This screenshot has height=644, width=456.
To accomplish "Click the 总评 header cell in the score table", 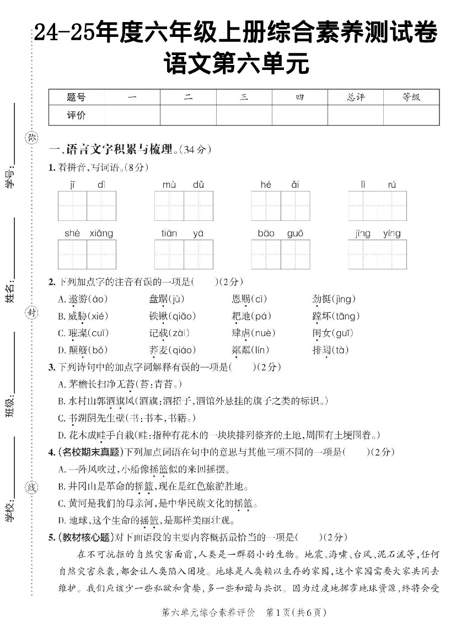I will tap(356, 98).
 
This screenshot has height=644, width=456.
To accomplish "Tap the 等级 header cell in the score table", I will tap(411, 98).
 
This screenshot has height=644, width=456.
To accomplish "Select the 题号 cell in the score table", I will tap(76, 98).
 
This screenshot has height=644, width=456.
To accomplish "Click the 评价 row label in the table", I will tap(76, 116).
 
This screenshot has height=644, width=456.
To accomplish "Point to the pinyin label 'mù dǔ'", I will tap(184, 185).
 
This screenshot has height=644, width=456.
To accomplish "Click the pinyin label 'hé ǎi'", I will tap(280, 185).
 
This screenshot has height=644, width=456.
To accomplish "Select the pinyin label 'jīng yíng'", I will tap(378, 234).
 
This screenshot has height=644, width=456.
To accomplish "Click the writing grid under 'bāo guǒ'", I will tap(281, 255).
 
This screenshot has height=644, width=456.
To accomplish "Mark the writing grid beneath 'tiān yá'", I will tap(184, 255).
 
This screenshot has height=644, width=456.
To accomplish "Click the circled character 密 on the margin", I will tap(32, 138).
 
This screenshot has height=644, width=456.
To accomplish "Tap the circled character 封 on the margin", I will tap(32, 313).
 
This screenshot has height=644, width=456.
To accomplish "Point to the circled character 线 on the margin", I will tap(32, 487).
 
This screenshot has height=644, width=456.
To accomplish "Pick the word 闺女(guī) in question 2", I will tap(332, 333).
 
